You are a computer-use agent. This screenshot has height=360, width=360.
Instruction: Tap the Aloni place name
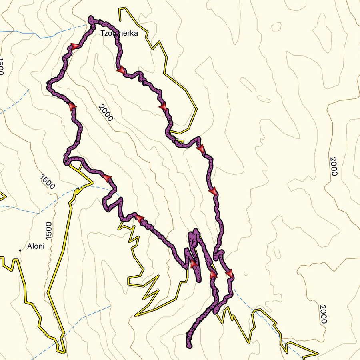36,246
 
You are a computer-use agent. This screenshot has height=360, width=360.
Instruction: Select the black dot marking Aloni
20,250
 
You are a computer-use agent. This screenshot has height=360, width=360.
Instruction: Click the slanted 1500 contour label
48,182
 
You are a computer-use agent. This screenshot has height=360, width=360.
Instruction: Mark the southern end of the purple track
188,344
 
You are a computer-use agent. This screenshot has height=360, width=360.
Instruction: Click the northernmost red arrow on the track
74,47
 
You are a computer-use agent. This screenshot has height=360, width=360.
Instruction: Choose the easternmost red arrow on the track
229,274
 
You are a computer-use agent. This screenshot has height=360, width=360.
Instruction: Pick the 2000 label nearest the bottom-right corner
324,314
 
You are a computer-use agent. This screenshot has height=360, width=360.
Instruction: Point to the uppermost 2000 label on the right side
334,166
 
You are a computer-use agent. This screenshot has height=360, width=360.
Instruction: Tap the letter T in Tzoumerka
102,33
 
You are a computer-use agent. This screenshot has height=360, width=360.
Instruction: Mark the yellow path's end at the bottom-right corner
318,354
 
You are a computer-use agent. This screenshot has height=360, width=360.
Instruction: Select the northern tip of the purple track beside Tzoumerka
92,18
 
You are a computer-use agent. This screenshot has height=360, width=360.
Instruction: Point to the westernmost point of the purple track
48,84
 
